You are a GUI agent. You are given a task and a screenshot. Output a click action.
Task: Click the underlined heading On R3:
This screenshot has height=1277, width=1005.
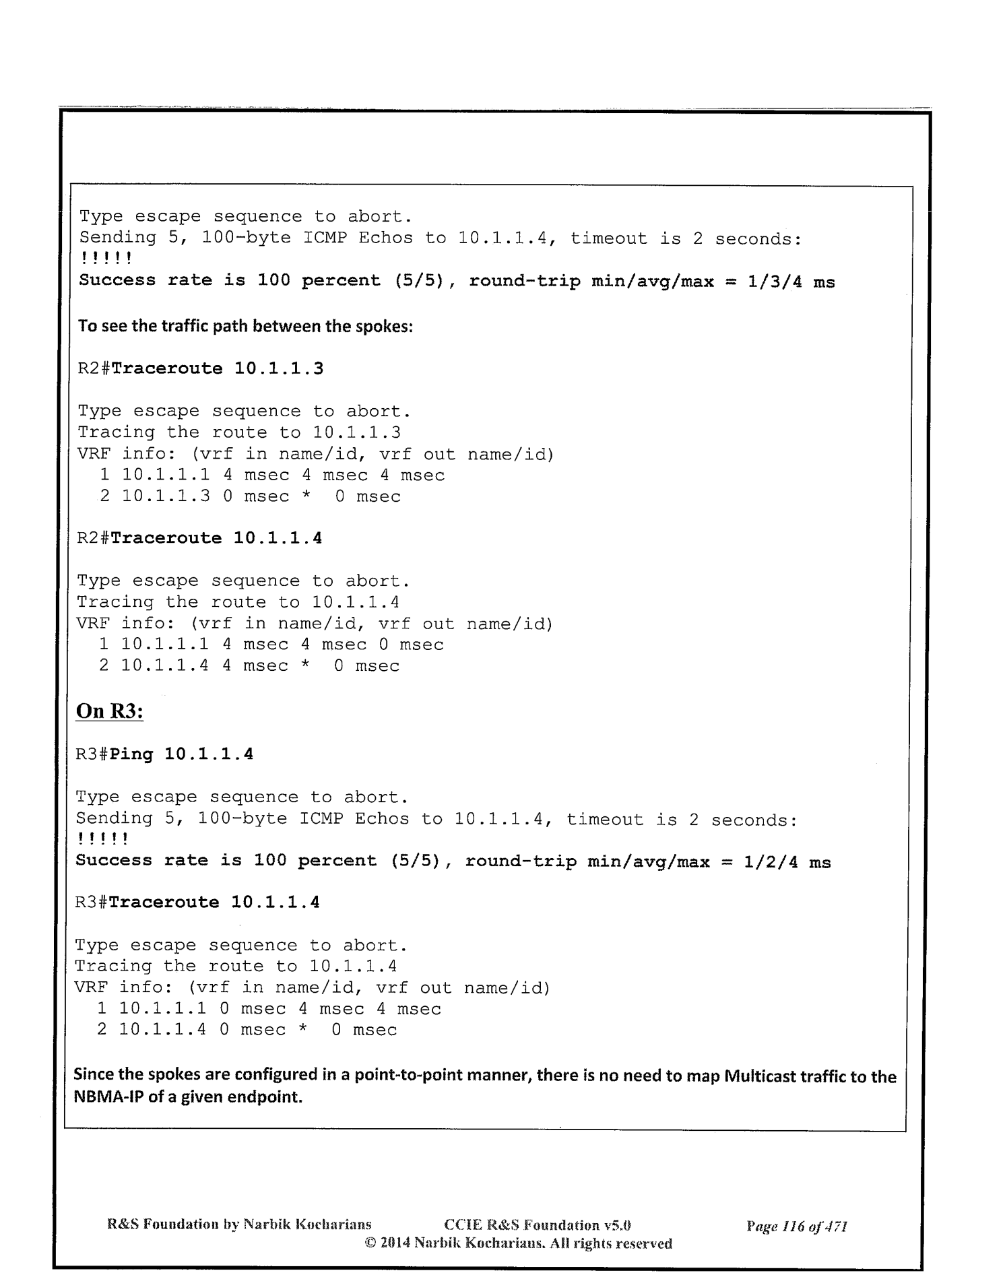point(110,711)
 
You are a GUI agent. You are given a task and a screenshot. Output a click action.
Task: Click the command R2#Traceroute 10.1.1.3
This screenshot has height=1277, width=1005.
point(201,368)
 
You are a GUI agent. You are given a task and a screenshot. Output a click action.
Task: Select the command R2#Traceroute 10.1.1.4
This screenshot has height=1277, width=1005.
point(199,538)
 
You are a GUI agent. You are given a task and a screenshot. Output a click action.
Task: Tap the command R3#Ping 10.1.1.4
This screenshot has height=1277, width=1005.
point(164,754)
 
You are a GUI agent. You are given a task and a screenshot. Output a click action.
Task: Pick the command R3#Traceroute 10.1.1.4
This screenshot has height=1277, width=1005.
point(197,903)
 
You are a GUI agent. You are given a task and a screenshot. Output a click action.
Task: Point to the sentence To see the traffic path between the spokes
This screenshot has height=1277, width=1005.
point(246,327)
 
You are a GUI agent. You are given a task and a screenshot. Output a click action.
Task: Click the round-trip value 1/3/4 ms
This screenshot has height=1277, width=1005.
point(791,282)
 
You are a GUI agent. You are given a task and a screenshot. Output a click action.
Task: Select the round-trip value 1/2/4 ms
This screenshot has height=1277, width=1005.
point(787,862)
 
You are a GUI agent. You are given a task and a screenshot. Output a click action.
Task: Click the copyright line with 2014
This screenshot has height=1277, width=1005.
point(518,1243)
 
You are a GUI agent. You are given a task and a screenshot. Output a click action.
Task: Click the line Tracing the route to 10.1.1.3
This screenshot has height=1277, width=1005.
point(240,432)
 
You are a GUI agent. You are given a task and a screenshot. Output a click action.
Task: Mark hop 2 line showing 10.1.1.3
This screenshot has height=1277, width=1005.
point(250,496)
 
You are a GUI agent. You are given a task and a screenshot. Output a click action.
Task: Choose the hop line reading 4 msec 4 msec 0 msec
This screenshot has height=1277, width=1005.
point(271,645)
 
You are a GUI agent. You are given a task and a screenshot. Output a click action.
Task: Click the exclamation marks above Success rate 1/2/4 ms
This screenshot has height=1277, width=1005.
point(102,840)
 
